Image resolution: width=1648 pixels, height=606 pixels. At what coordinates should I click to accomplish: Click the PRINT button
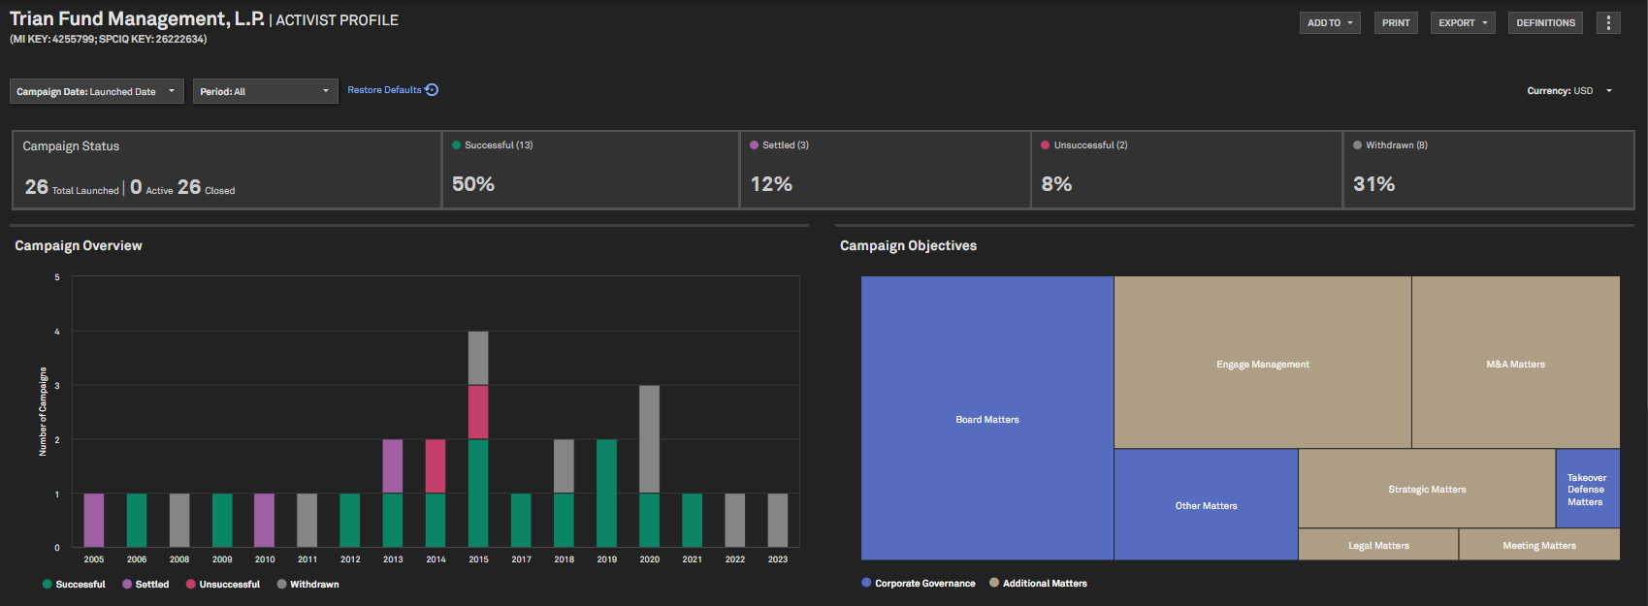pyautogui.click(x=1396, y=23)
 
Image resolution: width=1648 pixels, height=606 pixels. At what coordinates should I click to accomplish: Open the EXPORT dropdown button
pyautogui.click(x=1462, y=23)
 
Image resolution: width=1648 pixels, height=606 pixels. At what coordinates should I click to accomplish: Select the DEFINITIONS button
pyautogui.click(x=1545, y=23)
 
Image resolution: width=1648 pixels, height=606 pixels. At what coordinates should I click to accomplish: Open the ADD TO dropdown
pyautogui.click(x=1329, y=23)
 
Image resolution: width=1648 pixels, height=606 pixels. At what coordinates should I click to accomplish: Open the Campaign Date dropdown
pyautogui.click(x=96, y=91)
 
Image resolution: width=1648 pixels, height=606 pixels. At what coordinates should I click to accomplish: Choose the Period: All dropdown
pyautogui.click(x=265, y=91)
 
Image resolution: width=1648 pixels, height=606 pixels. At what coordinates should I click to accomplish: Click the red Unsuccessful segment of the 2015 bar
pyautogui.click(x=478, y=412)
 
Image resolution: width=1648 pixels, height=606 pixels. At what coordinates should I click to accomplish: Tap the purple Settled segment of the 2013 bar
pyautogui.click(x=393, y=466)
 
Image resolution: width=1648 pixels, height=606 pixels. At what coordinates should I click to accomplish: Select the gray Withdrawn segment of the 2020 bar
pyautogui.click(x=650, y=439)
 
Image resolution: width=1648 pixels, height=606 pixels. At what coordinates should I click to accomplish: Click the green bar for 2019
pyautogui.click(x=607, y=493)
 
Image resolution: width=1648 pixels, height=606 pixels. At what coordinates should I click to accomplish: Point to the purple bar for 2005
pyautogui.click(x=94, y=520)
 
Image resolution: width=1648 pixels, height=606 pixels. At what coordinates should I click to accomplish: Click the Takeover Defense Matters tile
pyautogui.click(x=1587, y=489)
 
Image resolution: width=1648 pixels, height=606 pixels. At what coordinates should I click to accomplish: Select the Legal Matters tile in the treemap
pyautogui.click(x=1378, y=545)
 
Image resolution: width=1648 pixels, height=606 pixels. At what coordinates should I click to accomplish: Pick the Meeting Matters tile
pyautogui.click(x=1539, y=545)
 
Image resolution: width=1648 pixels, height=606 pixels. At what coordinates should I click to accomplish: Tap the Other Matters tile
pyautogui.click(x=1206, y=505)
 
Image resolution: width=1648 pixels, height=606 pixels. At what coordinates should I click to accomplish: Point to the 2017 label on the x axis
pyautogui.click(x=522, y=559)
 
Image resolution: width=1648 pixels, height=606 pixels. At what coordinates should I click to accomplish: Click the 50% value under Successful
pyautogui.click(x=473, y=184)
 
